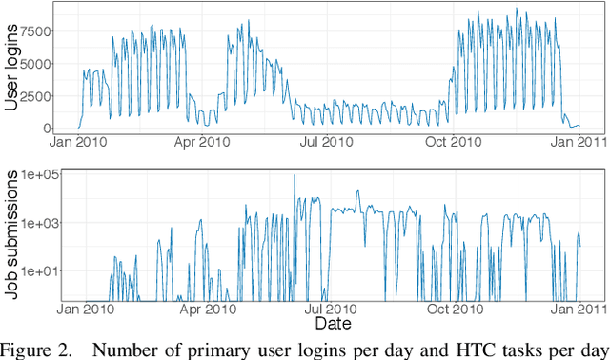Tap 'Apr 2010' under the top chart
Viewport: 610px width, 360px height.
click(200, 143)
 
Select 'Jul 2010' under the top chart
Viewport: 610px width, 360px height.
click(322, 143)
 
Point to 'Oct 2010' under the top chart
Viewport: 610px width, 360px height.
click(446, 143)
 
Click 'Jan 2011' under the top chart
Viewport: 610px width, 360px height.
click(570, 143)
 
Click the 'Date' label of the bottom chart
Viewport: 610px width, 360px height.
click(327, 323)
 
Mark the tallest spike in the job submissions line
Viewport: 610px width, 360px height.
click(294, 175)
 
